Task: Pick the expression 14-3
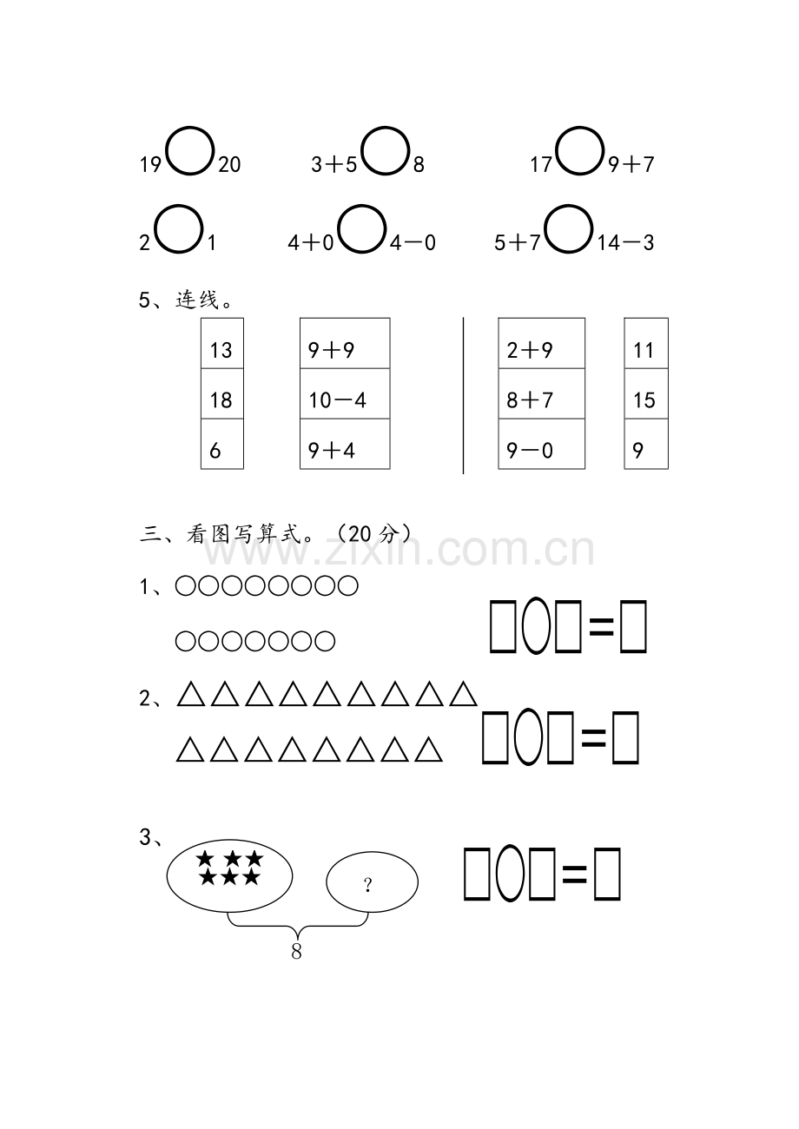(x=625, y=243)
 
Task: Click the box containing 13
(x=222, y=343)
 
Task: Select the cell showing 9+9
(x=345, y=343)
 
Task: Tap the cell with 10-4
(x=345, y=393)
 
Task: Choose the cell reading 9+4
(x=345, y=444)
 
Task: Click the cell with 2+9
(x=542, y=343)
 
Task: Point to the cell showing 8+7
(x=542, y=393)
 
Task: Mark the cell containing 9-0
(x=542, y=444)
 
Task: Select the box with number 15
(x=646, y=393)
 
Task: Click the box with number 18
(x=222, y=393)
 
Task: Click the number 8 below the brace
(x=296, y=951)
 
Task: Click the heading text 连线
(x=198, y=300)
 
